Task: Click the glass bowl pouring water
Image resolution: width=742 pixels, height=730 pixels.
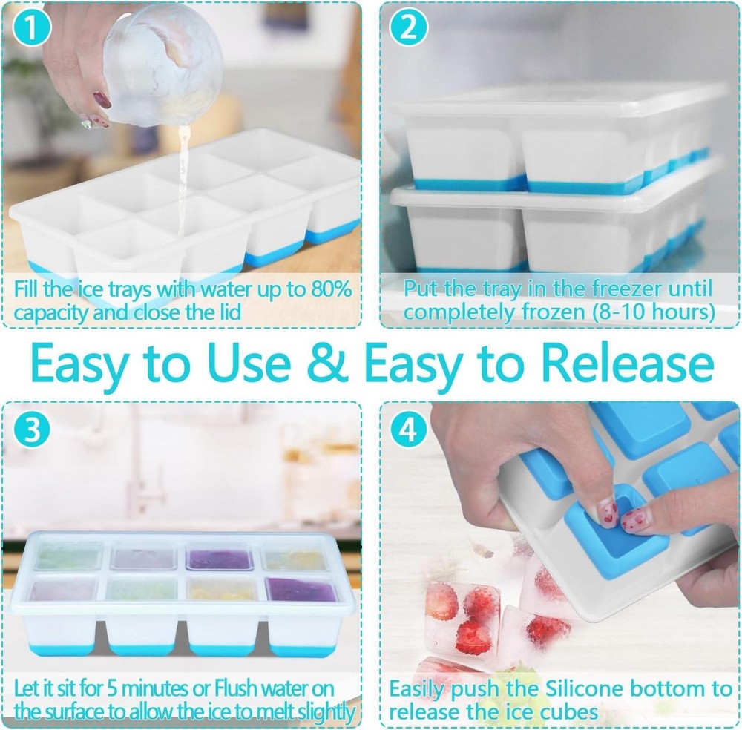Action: click(160, 63)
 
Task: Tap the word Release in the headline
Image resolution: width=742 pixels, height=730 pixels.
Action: click(626, 363)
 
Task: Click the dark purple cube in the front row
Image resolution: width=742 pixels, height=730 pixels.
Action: click(301, 591)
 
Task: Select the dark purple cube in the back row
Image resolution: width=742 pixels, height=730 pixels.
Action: click(220, 558)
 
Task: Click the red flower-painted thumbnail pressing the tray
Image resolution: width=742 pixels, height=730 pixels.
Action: click(607, 510)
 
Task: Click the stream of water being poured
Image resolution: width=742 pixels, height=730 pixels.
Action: click(182, 171)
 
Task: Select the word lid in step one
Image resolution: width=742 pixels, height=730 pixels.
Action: click(226, 312)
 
